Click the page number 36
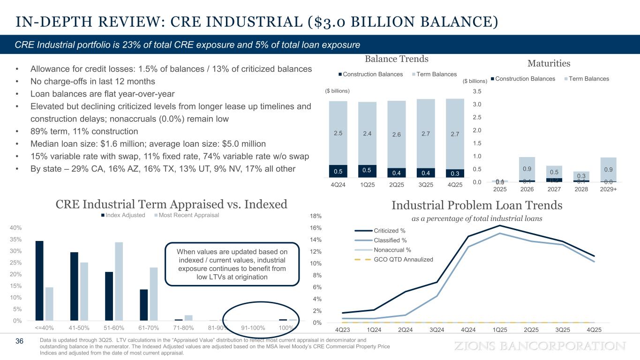pyautogui.click(x=20, y=341)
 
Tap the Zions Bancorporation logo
pyautogui.click(x=541, y=346)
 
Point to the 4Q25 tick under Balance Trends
pyautogui.click(x=454, y=185)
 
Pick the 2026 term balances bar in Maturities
pyautogui.click(x=527, y=169)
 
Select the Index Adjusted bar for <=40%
pyautogui.click(x=39, y=280)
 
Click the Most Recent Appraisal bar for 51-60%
pyautogui.click(x=119, y=281)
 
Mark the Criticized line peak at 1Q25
pyautogui.click(x=500, y=225)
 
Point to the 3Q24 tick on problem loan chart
pyautogui.click(x=437, y=330)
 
